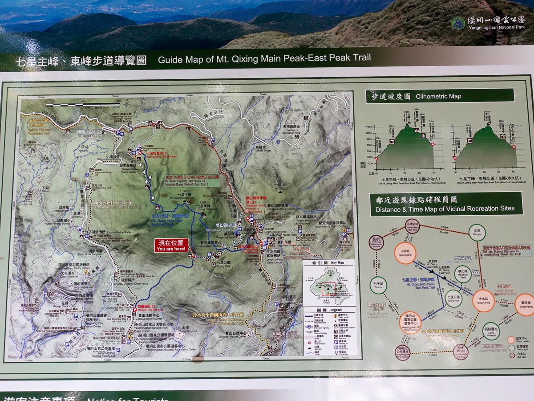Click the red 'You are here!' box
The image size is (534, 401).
(171, 246)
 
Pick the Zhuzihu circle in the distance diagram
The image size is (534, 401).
(379, 286)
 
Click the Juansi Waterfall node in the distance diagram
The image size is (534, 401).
(491, 331)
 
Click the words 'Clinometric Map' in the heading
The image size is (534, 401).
(438, 96)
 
